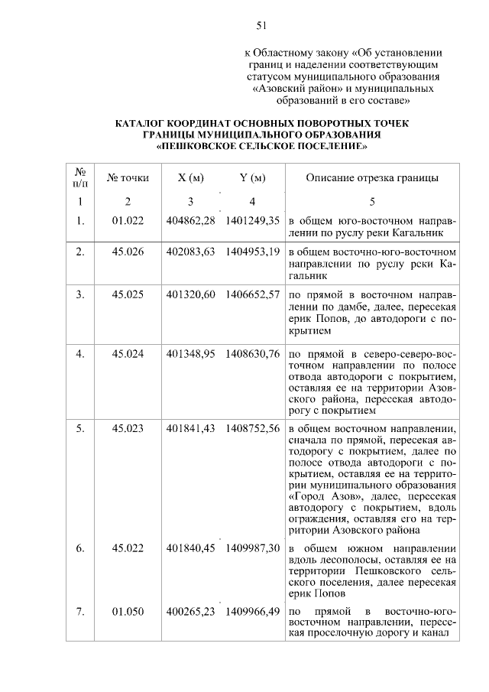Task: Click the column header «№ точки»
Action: tap(128, 178)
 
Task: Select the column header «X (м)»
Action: tap(190, 178)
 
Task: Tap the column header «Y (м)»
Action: tap(252, 178)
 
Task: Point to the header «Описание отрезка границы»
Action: tap(371, 178)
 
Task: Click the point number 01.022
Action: tap(128, 220)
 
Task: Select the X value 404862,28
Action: tap(190, 220)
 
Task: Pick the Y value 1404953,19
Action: tap(253, 251)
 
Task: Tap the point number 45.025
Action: tap(128, 294)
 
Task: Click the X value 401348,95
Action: tap(190, 354)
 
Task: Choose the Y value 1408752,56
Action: tap(253, 428)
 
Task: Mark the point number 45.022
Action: tap(128, 548)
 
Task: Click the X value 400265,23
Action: tap(190, 612)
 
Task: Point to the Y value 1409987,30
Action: tap(253, 548)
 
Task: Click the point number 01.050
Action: tap(128, 612)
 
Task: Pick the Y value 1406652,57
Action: tap(253, 294)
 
